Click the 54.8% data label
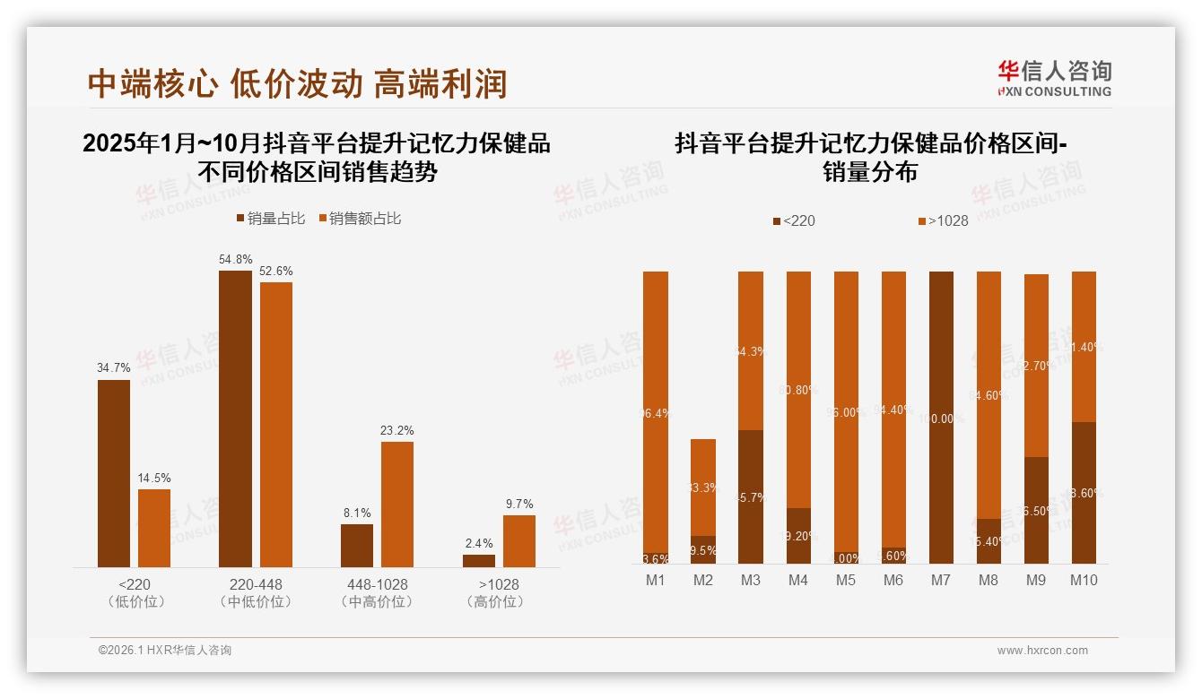pyautogui.click(x=235, y=260)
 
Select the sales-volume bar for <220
pyautogui.click(x=114, y=473)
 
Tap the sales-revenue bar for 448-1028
pyautogui.click(x=397, y=504)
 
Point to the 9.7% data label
pyautogui.click(x=519, y=505)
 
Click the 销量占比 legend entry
pyautogui.click(x=271, y=219)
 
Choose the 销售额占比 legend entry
pyautogui.click(x=360, y=219)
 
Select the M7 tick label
pyautogui.click(x=940, y=580)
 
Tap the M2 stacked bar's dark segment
pyautogui.click(x=703, y=549)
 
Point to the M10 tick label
pyautogui.click(x=1084, y=580)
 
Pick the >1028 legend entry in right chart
pyautogui.click(x=943, y=220)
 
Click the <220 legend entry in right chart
pyautogui.click(x=794, y=220)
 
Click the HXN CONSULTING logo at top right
pyautogui.click(x=1054, y=79)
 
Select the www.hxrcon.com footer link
pyautogui.click(x=1042, y=651)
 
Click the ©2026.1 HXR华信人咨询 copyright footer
pyautogui.click(x=165, y=651)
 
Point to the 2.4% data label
pyautogui.click(x=479, y=544)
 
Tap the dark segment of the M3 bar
pyautogui.click(x=751, y=496)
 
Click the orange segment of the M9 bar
pyautogui.click(x=1036, y=366)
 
